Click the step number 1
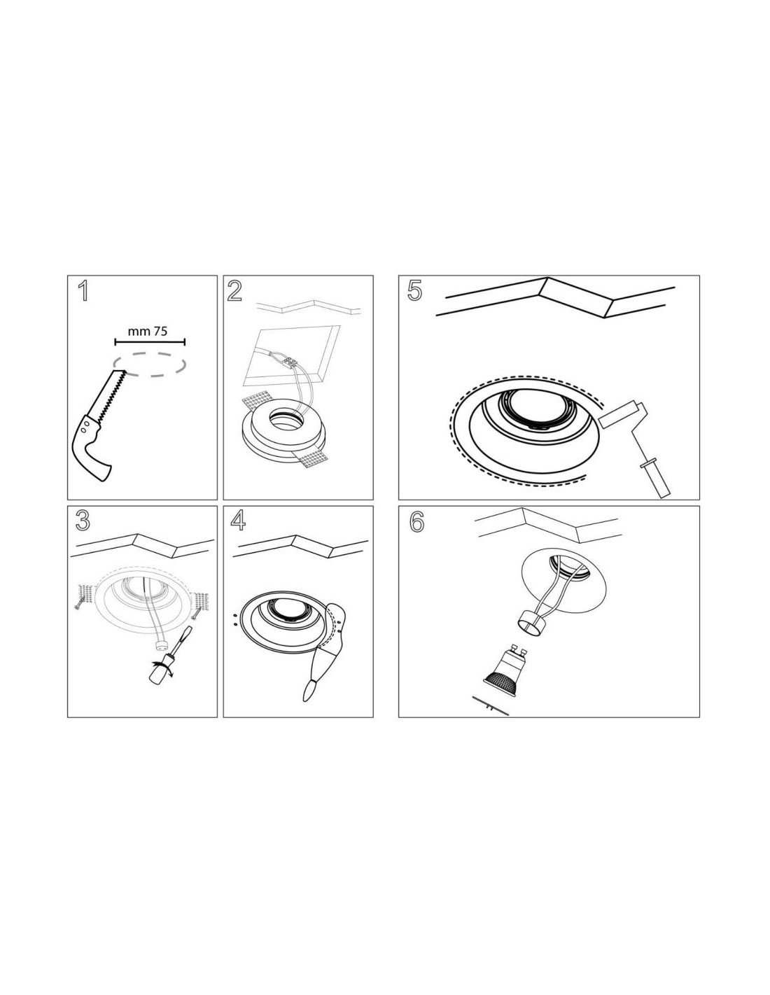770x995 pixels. (83, 291)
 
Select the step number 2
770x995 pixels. (234, 291)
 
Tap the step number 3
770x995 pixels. (83, 521)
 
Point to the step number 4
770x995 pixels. (238, 521)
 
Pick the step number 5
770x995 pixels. (414, 291)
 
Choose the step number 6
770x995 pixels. (416, 523)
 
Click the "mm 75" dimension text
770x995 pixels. (148, 331)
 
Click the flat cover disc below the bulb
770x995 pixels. (490, 705)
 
